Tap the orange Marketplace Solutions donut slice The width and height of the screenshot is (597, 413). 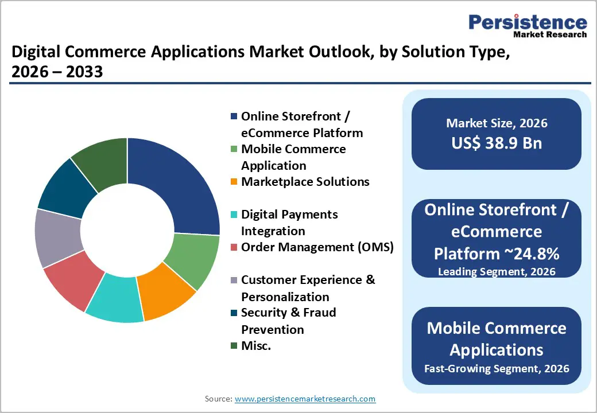(166, 295)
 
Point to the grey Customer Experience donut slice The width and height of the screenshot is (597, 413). (58, 239)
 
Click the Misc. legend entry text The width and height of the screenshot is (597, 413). (256, 346)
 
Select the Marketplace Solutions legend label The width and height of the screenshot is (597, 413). (305, 182)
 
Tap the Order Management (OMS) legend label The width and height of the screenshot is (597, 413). (317, 247)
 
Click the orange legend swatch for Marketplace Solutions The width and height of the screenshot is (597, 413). (234, 182)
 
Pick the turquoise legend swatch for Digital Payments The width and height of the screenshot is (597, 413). (234, 215)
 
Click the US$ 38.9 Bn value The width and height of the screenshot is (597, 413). (497, 143)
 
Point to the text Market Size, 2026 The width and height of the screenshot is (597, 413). (497, 123)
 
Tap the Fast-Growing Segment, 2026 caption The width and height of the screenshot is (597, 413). (497, 368)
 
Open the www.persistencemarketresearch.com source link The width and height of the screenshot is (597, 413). (305, 399)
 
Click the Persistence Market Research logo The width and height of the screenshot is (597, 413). (528, 26)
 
